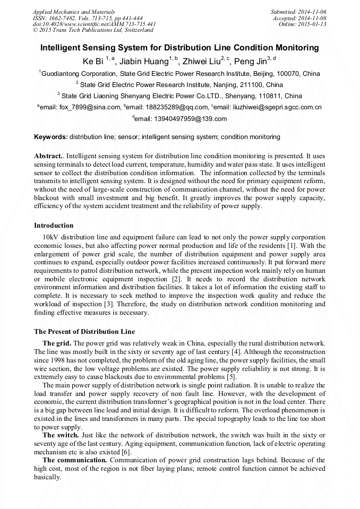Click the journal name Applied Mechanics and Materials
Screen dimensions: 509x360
(67, 11)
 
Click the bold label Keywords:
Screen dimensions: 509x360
(51, 137)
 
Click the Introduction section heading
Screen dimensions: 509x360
(54, 226)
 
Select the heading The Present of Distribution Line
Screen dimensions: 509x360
(84, 332)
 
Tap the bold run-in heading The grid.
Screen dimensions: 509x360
(57, 343)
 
